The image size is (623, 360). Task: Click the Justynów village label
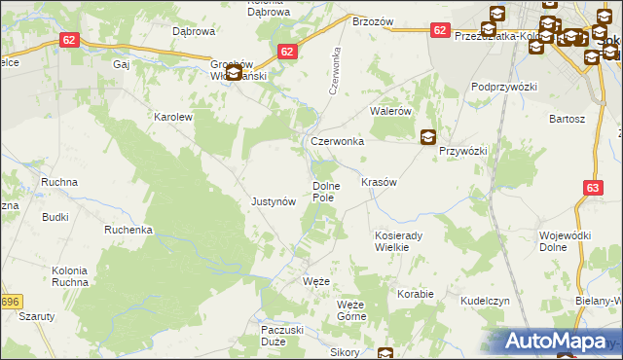pyautogui.click(x=273, y=202)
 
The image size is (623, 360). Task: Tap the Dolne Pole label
pyautogui.click(x=323, y=192)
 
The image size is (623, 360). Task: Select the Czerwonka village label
pyautogui.click(x=337, y=141)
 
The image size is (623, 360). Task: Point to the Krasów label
pyautogui.click(x=378, y=183)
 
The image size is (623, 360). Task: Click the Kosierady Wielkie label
pyautogui.click(x=396, y=241)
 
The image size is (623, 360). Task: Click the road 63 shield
pyautogui.click(x=594, y=186)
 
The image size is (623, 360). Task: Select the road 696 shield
pyautogui.click(x=11, y=302)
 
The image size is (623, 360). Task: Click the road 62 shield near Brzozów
pyautogui.click(x=440, y=31)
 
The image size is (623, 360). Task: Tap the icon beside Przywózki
pyautogui.click(x=427, y=138)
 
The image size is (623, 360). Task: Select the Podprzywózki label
pyautogui.click(x=504, y=87)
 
